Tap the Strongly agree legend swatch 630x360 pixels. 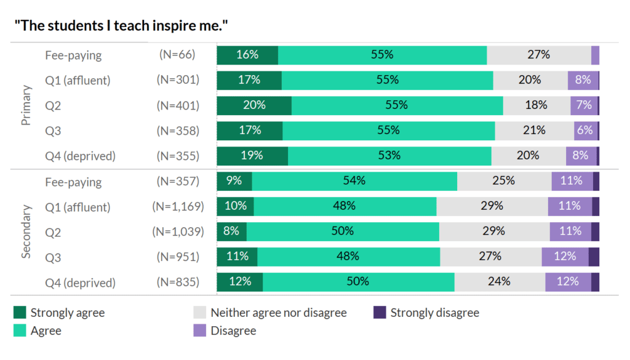coord(19,313)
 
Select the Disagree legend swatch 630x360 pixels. coord(199,330)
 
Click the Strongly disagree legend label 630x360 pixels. coord(434,313)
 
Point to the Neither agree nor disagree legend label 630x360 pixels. coord(279,313)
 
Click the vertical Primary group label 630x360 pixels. coord(26,105)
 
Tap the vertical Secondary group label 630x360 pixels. coord(26,231)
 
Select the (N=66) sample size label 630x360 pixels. coord(177,55)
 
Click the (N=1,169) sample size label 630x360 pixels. coord(178,207)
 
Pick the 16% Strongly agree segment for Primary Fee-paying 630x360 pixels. coord(247,55)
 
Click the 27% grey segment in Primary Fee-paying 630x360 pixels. coord(538,55)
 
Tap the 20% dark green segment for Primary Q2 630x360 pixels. coord(254,105)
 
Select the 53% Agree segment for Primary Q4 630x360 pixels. coord(389,156)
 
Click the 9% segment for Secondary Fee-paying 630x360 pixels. coord(234,182)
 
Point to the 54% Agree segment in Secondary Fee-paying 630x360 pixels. coord(354,182)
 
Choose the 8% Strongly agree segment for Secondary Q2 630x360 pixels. coord(232,231)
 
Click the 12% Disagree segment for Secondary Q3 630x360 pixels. coord(565,257)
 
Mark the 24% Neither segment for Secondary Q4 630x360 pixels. coord(500,282)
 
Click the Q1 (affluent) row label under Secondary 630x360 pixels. coord(78,207)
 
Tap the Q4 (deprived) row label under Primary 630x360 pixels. coord(80,156)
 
